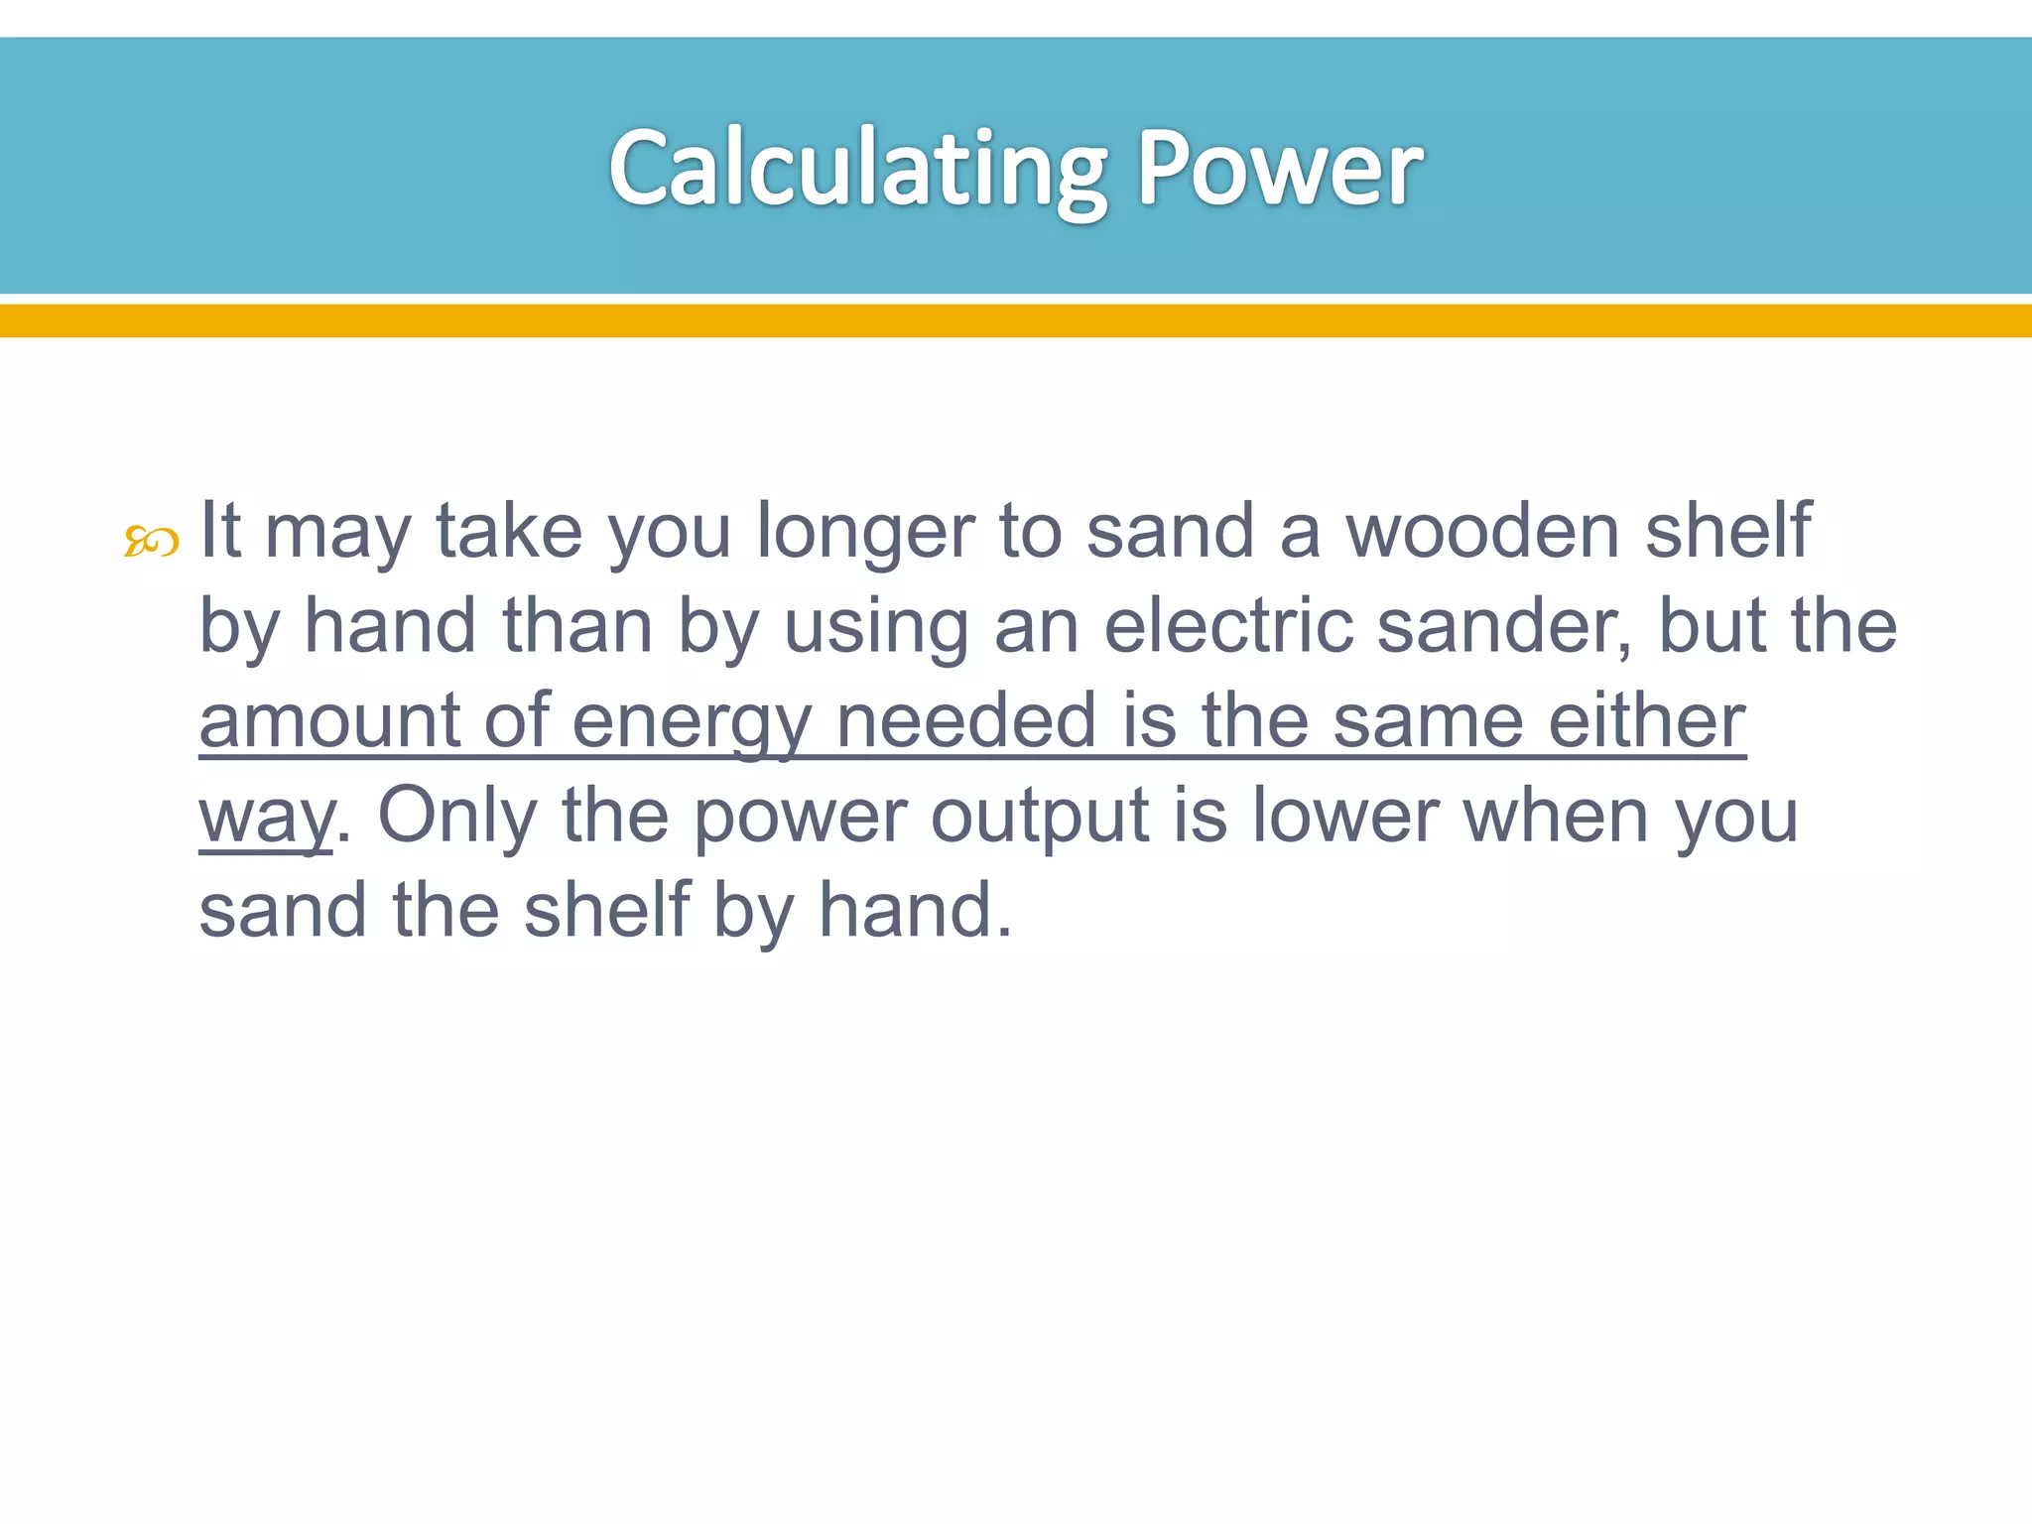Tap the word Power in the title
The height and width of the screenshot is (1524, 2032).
click(1279, 169)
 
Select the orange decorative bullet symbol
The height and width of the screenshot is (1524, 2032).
click(151, 542)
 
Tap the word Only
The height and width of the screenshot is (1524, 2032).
click(457, 816)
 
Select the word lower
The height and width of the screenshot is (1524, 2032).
click(1344, 816)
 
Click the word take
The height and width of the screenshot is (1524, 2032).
click(509, 531)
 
